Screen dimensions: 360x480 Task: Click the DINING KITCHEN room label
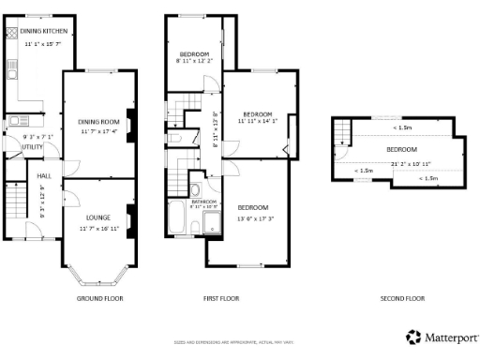tap(42, 30)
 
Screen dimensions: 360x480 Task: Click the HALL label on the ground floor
tap(44, 175)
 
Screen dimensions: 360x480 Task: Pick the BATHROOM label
tap(205, 201)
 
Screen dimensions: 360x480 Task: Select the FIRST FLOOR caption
tap(220, 299)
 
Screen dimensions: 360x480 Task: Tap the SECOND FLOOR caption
tap(402, 299)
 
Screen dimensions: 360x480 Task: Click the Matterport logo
tap(442, 337)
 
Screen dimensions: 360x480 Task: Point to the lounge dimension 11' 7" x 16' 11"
tap(98, 228)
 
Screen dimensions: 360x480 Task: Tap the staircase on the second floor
tap(343, 133)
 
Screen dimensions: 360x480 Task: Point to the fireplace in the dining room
tap(130, 123)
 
